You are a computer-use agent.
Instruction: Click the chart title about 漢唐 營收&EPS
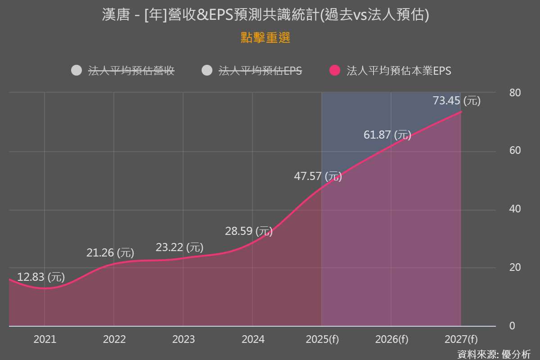tap(265, 15)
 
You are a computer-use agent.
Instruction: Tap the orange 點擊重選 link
tap(265, 38)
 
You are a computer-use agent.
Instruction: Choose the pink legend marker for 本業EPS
tap(335, 71)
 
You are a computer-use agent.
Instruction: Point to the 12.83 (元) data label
tap(41, 277)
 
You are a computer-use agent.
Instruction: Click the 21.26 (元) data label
tap(110, 253)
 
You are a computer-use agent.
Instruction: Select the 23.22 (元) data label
tap(180, 247)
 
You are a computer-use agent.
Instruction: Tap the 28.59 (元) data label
tap(249, 231)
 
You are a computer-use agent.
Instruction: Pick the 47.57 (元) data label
tap(318, 176)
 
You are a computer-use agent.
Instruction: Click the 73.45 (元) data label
tap(457, 101)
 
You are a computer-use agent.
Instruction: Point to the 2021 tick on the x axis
tap(45, 339)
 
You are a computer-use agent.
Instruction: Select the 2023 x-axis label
tap(184, 339)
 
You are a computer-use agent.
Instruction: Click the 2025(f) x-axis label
tap(322, 339)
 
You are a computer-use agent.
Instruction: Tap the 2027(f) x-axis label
tap(461, 339)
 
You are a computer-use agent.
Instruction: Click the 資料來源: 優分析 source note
tap(494, 354)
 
